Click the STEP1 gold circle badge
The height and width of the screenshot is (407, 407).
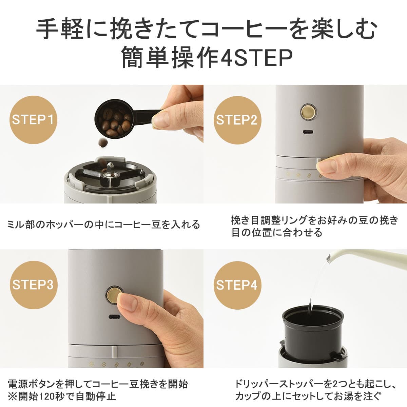(33, 120)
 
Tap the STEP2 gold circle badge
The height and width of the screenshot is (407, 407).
(237, 120)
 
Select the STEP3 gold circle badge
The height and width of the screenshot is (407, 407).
(33, 285)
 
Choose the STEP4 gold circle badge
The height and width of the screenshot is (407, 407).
(237, 285)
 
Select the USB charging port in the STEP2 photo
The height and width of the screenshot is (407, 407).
(308, 132)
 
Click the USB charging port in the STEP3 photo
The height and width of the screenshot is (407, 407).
(115, 317)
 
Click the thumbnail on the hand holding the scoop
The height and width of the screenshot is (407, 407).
(162, 120)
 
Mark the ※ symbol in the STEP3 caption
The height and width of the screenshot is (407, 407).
(12, 396)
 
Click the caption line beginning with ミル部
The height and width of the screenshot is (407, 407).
(104, 225)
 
